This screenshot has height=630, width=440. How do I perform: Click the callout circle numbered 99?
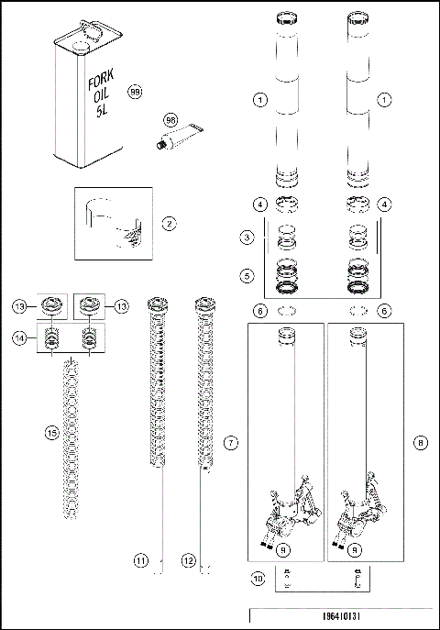[135, 93]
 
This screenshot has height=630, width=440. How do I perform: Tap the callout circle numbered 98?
[143, 119]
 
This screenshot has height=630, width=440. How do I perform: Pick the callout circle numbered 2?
[168, 223]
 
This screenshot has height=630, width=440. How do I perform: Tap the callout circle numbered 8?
[420, 443]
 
